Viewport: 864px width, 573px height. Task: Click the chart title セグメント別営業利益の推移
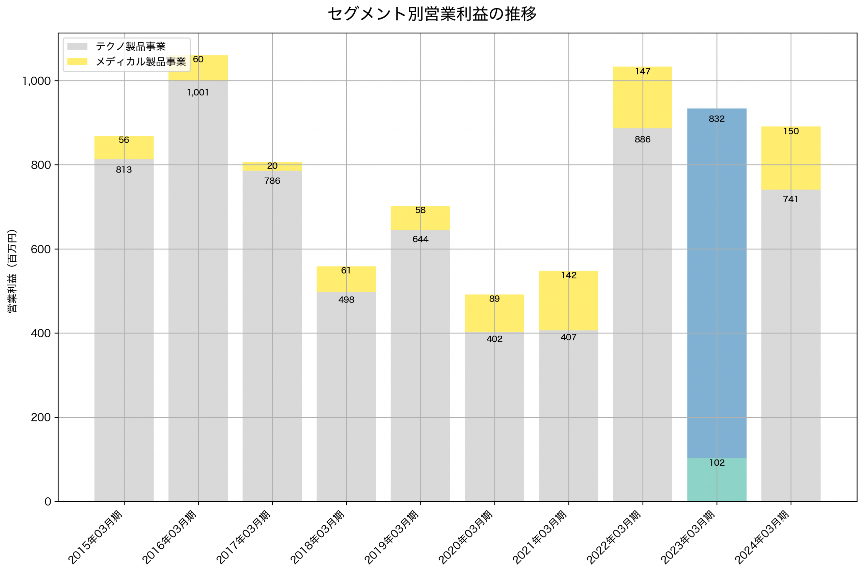click(x=432, y=14)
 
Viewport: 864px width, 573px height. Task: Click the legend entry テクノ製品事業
click(x=131, y=46)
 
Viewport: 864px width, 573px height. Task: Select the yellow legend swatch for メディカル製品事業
click(x=77, y=62)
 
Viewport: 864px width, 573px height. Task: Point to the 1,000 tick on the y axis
click(x=36, y=81)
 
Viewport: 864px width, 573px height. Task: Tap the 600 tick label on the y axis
click(x=40, y=249)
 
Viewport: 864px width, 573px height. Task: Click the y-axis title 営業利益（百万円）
click(x=12, y=271)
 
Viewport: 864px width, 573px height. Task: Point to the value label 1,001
click(x=198, y=93)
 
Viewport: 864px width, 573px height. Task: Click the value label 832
click(x=717, y=119)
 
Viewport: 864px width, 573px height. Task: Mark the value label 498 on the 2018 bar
click(x=346, y=299)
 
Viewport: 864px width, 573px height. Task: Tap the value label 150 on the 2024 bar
click(x=791, y=131)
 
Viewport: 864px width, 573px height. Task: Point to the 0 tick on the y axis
click(x=48, y=502)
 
